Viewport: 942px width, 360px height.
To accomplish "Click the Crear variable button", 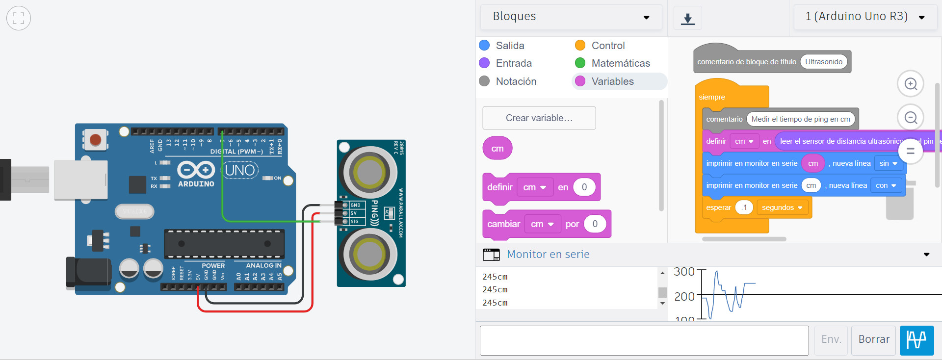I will click(x=539, y=118).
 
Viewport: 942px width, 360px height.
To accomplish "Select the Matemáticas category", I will click(x=620, y=63).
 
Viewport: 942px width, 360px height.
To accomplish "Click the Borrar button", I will click(x=873, y=339).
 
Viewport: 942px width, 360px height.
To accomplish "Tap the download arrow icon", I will click(x=687, y=19).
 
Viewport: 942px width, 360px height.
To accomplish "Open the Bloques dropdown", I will click(x=571, y=17).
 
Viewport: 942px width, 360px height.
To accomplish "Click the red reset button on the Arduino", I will click(x=95, y=140).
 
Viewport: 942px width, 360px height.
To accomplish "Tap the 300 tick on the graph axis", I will click(x=684, y=271).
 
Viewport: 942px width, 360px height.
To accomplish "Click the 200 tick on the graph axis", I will click(x=684, y=296).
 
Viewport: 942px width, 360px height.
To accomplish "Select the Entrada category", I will click(x=513, y=63).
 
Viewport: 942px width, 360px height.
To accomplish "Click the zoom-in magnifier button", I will click(x=910, y=84).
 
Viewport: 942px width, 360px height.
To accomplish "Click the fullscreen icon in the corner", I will click(x=19, y=18).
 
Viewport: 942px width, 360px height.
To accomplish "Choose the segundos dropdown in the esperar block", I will click(x=782, y=207).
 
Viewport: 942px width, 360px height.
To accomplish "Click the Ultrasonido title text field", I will click(x=823, y=62).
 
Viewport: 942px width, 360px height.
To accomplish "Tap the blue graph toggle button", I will click(x=916, y=339).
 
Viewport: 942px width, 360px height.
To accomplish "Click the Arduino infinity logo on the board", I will click(x=196, y=170).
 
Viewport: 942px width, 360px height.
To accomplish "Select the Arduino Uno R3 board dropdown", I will click(x=864, y=17).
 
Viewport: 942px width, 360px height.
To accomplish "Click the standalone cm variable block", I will click(x=497, y=149).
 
